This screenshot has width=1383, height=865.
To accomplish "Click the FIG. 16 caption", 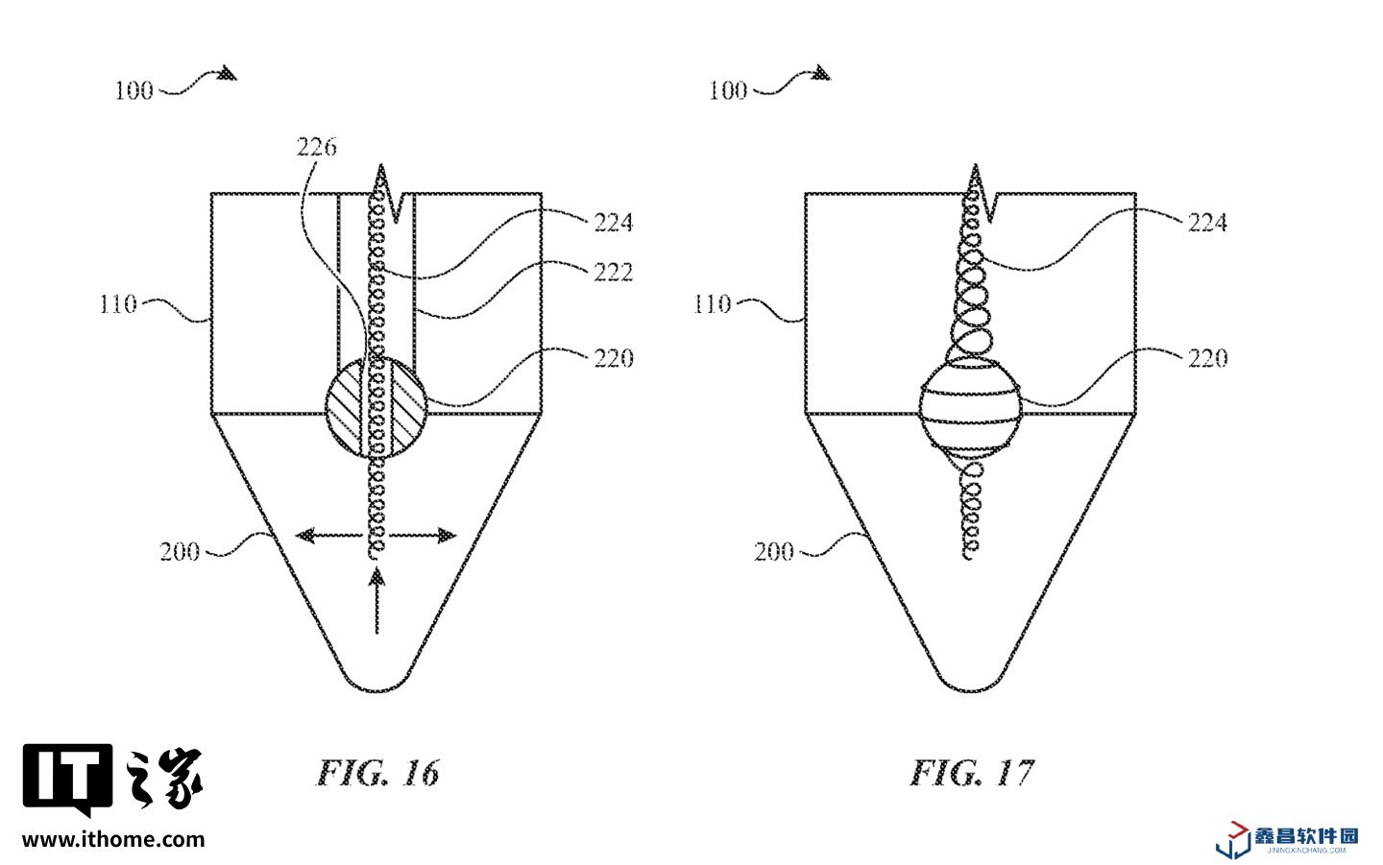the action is tap(377, 773).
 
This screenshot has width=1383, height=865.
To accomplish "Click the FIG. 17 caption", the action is tap(972, 773).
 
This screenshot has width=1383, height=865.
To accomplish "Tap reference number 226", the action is tap(317, 148).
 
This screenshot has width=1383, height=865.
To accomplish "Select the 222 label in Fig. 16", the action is tap(614, 272).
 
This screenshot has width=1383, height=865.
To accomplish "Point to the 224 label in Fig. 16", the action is tap(614, 222).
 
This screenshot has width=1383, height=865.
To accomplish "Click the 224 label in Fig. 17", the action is tap(1207, 222).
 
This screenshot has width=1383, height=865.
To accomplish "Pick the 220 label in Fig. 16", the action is tap(614, 358).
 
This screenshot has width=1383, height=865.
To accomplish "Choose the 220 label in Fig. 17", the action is tap(1207, 358).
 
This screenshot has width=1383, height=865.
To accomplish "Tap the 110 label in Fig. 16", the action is tap(118, 304).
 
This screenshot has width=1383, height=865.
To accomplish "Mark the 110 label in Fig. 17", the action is tap(712, 304).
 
